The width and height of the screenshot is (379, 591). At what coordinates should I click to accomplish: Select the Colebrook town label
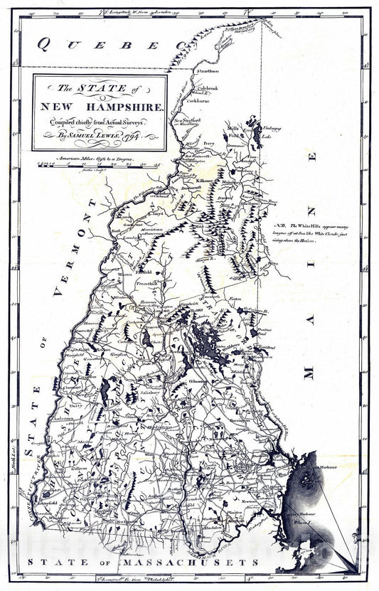208,90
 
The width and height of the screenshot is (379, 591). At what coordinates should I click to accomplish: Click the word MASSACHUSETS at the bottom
206,562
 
